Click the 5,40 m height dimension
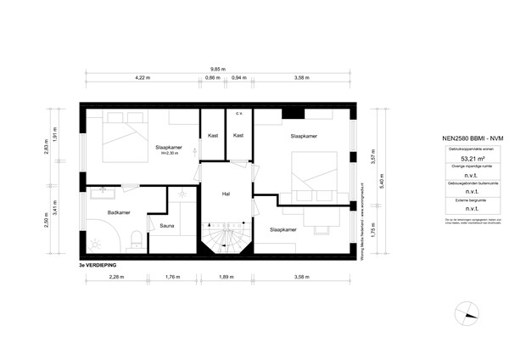click(383, 181)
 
